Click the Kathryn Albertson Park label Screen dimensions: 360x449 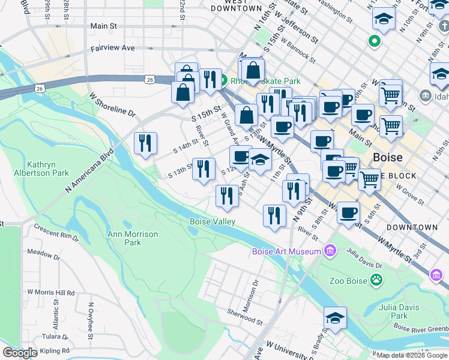click(47, 169)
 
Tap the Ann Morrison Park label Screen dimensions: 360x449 click(132, 238)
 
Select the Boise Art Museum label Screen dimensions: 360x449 click(286, 251)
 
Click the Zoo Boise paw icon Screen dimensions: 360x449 click(376, 279)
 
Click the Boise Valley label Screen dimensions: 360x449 click(212, 221)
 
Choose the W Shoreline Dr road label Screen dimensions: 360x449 click(112, 104)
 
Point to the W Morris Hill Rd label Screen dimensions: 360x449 click(50, 293)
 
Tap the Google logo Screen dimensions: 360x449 click(20, 353)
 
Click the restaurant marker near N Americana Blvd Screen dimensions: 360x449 click(146, 143)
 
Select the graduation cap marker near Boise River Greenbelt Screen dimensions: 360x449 click(335, 318)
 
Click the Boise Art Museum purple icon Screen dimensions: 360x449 click(330, 251)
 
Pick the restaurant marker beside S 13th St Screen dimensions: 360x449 click(203, 168)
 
